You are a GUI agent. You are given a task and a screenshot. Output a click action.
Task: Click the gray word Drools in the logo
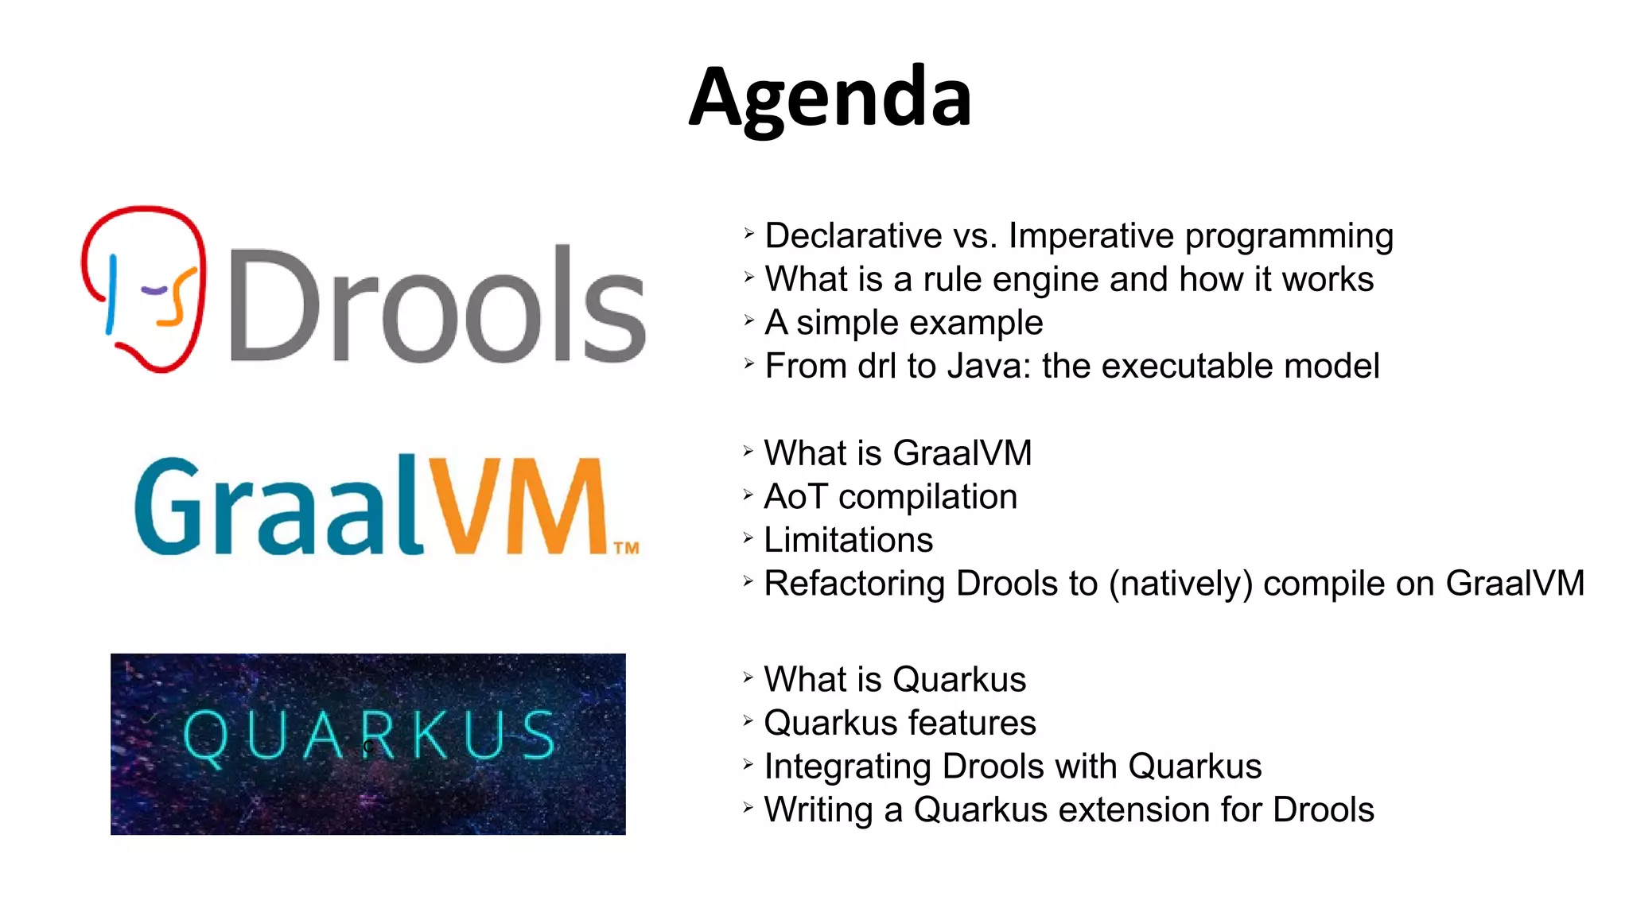point(437,306)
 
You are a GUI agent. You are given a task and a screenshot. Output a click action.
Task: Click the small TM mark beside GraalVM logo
point(626,548)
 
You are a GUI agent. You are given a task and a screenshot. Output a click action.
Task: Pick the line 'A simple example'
point(904,323)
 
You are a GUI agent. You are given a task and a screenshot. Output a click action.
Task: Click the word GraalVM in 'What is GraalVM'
point(962,453)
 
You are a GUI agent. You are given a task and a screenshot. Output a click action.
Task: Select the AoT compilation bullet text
point(890,497)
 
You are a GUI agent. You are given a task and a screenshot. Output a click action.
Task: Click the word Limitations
point(848,541)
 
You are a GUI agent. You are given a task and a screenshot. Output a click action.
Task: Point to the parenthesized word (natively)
point(1180,584)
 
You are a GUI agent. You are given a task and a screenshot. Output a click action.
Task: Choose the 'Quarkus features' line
point(900,724)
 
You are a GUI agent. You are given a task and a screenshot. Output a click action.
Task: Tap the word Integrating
point(848,767)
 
